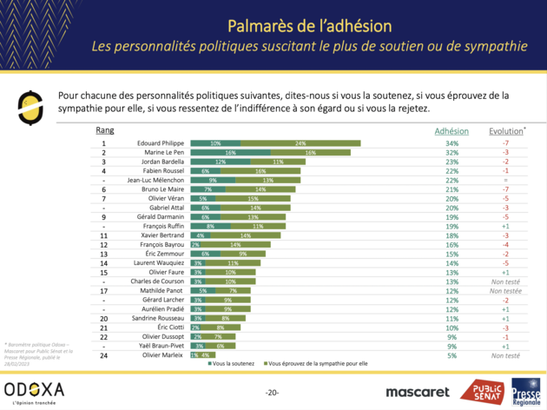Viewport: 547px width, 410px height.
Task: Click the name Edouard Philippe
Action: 159,142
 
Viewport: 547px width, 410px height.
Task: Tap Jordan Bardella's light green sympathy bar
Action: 276,162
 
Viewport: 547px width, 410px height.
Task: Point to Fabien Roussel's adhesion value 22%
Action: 451,171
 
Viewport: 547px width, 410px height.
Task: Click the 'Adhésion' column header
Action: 451,131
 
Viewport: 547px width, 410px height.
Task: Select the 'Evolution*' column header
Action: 505,131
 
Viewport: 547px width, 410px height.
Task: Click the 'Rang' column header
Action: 104,131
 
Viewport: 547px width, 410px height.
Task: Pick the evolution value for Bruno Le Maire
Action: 505,189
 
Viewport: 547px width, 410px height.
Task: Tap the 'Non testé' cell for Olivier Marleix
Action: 505,356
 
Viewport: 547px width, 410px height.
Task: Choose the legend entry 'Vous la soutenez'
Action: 233,363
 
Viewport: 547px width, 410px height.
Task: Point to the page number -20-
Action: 273,393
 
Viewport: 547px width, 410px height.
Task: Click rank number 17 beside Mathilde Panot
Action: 103,291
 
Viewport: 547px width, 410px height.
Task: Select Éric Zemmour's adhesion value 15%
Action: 451,254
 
